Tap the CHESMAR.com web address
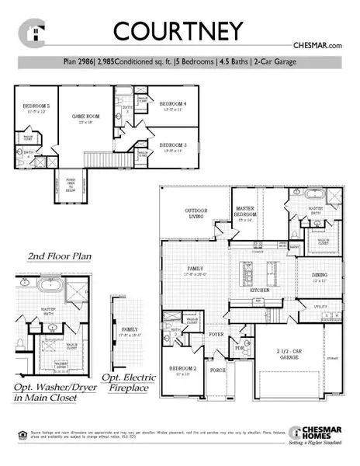tap(317, 47)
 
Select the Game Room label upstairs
tap(84, 116)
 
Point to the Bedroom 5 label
tap(36, 106)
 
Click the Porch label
tap(219, 370)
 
